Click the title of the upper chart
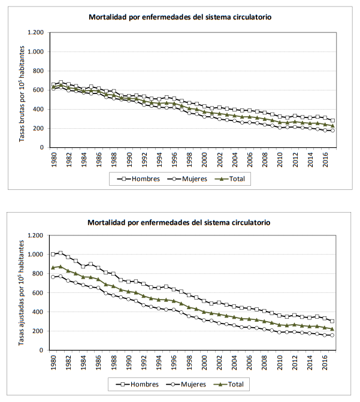[179, 17]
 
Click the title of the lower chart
[179, 223]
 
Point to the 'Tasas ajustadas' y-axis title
[22, 294]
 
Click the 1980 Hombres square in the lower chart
[54, 254]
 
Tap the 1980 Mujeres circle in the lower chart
[54, 277]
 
